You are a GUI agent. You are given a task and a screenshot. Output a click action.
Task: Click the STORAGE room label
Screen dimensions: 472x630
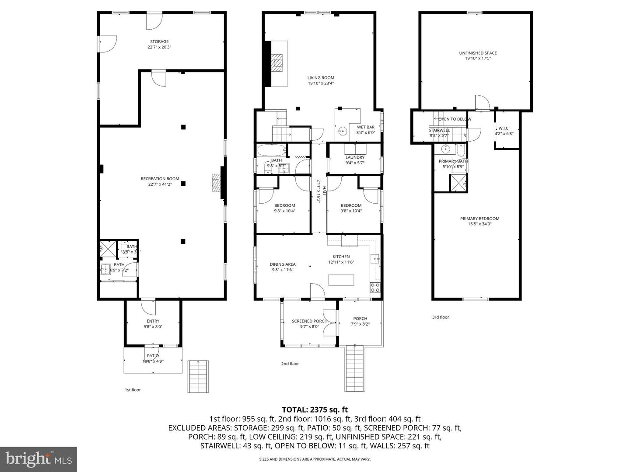(159, 42)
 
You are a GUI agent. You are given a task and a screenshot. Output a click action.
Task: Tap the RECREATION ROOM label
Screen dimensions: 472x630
(160, 179)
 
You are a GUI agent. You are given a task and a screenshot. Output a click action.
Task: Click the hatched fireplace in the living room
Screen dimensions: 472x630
(277, 62)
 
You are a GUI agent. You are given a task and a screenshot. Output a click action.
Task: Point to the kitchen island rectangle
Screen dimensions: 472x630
(341, 280)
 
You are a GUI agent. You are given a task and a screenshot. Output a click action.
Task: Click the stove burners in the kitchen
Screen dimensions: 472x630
(375, 287)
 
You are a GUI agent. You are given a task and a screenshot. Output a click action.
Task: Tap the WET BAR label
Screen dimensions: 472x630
(366, 127)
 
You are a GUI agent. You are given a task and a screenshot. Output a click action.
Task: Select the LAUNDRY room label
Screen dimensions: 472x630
(355, 158)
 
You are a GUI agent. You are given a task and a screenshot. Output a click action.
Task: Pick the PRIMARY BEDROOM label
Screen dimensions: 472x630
(479, 219)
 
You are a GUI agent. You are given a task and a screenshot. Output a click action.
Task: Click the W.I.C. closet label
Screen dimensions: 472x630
(504, 128)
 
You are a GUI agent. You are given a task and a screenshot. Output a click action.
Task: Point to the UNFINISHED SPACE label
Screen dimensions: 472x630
(478, 53)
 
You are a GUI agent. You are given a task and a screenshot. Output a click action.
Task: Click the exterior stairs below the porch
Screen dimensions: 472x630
(356, 368)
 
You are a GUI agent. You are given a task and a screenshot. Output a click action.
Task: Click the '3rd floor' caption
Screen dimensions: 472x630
(441, 317)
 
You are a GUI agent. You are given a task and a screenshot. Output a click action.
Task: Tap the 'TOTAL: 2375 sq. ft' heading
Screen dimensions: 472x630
(315, 410)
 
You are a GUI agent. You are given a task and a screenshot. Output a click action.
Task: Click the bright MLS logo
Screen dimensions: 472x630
(38, 459)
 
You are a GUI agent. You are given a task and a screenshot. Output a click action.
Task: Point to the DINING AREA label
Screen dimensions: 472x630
(283, 264)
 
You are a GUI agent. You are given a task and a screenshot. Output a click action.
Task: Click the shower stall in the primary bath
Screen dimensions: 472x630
(458, 182)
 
